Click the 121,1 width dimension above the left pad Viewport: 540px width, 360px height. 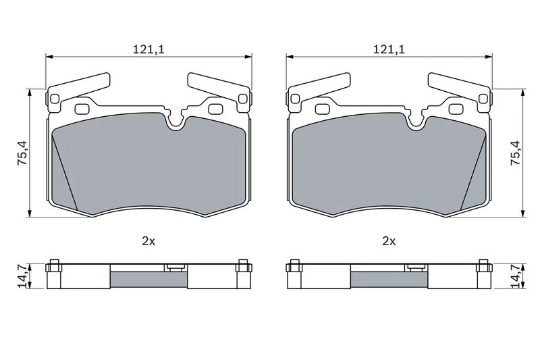click(148, 49)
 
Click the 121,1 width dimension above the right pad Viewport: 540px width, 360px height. click(389, 49)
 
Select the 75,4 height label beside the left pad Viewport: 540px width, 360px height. click(24, 153)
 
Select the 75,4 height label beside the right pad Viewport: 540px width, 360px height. click(516, 153)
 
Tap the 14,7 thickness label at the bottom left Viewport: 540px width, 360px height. click(23, 276)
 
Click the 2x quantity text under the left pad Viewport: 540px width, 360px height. click(148, 242)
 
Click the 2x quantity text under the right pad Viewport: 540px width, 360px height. click(389, 242)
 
